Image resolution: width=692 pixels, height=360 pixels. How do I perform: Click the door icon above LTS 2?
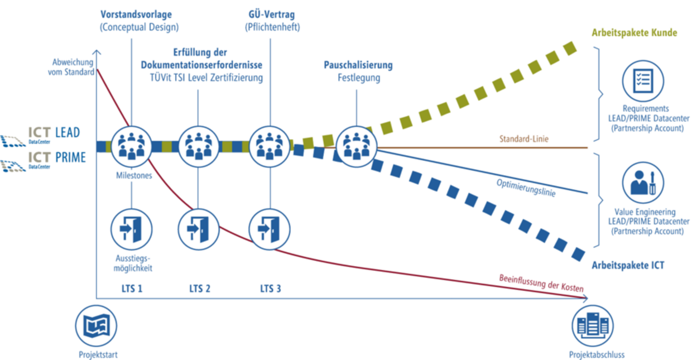pyautogui.click(x=198, y=228)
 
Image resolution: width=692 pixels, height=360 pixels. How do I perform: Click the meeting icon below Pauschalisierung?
pyautogui.click(x=356, y=146)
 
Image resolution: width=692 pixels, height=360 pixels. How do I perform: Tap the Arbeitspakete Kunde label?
pyautogui.click(x=635, y=33)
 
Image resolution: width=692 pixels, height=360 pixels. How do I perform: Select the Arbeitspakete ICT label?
pyautogui.click(x=628, y=266)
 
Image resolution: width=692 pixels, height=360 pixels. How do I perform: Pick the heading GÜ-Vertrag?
pyautogui.click(x=272, y=13)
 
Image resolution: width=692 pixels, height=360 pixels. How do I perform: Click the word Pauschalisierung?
pyautogui.click(x=358, y=65)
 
